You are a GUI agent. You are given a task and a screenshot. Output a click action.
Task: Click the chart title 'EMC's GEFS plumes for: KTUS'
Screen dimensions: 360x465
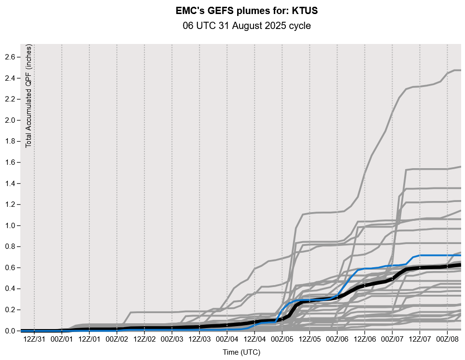(x=247, y=11)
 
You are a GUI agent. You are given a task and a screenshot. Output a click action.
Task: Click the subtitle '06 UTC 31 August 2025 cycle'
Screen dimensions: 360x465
(x=247, y=26)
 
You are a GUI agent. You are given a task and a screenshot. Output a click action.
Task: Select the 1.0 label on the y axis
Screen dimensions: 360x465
(x=11, y=226)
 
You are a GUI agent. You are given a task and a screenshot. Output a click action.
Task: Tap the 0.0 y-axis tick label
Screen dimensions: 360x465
(x=11, y=331)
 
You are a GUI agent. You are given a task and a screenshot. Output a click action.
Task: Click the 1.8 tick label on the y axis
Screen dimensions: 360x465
(x=11, y=142)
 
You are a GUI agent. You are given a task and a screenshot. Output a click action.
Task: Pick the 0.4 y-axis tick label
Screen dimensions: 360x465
(x=11, y=289)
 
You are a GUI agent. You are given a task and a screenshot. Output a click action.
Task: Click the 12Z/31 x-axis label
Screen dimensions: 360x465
(x=34, y=339)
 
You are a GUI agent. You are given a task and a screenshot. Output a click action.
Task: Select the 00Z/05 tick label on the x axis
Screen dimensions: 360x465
(x=282, y=339)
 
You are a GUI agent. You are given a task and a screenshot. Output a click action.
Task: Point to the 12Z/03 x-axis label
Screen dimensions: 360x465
(x=199, y=339)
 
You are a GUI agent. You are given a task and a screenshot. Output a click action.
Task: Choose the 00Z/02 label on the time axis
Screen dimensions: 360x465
(x=117, y=339)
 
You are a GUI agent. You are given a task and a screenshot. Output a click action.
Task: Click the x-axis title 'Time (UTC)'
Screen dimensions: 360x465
(x=241, y=353)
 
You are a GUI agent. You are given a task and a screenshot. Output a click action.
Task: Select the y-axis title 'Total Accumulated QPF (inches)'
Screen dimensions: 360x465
(x=29, y=96)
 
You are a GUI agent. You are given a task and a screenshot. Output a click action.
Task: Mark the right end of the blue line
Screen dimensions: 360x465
(x=461, y=255)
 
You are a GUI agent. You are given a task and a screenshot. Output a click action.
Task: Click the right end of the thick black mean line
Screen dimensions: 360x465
(x=461, y=264)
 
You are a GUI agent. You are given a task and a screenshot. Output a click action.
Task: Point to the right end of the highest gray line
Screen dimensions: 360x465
(x=461, y=71)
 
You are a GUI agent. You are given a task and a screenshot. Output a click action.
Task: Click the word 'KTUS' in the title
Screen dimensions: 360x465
(x=305, y=11)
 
